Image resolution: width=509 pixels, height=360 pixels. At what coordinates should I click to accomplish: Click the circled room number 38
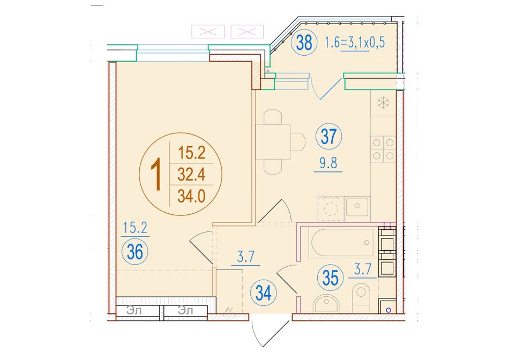click(304, 42)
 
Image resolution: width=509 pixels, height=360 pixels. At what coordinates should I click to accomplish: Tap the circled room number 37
click(328, 137)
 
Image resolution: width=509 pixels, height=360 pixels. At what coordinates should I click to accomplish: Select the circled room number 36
click(134, 252)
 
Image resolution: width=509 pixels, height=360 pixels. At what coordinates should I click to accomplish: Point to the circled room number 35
click(331, 278)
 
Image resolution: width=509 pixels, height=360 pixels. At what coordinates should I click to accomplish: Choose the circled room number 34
click(263, 294)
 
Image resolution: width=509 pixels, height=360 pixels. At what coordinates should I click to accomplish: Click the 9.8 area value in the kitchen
click(328, 163)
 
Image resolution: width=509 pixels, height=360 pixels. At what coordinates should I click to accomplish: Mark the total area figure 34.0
click(191, 196)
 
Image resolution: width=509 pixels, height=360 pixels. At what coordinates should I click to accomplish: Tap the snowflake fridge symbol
click(383, 103)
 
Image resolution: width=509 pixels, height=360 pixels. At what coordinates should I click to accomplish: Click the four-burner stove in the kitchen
click(383, 149)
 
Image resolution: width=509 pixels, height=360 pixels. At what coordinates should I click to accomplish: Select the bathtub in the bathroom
click(343, 244)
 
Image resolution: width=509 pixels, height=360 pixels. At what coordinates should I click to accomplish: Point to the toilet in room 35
click(361, 298)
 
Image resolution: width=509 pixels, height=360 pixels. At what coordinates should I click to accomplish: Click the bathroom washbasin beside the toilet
click(326, 304)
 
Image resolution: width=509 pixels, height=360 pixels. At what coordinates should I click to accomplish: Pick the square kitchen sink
click(357, 206)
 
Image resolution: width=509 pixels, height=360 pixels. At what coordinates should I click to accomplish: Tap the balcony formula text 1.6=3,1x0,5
click(355, 42)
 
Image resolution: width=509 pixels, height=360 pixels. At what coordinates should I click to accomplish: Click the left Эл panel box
click(138, 311)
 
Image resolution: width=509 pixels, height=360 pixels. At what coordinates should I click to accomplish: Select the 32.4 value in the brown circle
click(191, 175)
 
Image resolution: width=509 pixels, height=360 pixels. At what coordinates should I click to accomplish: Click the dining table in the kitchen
click(273, 142)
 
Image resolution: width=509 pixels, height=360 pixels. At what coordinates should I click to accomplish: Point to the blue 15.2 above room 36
click(135, 228)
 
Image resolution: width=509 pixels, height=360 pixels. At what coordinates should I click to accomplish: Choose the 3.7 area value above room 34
click(246, 257)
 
